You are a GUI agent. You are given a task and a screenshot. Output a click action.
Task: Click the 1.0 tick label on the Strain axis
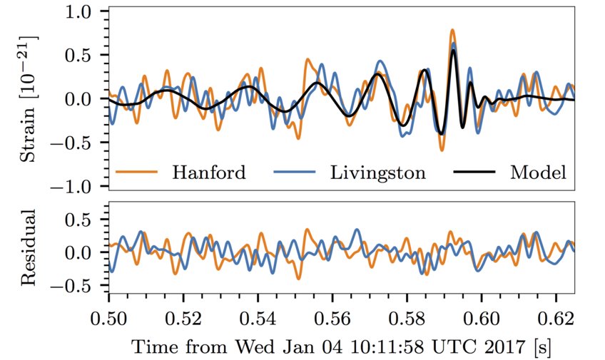point(81,12)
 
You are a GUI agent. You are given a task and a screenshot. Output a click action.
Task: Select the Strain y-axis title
point(29,99)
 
